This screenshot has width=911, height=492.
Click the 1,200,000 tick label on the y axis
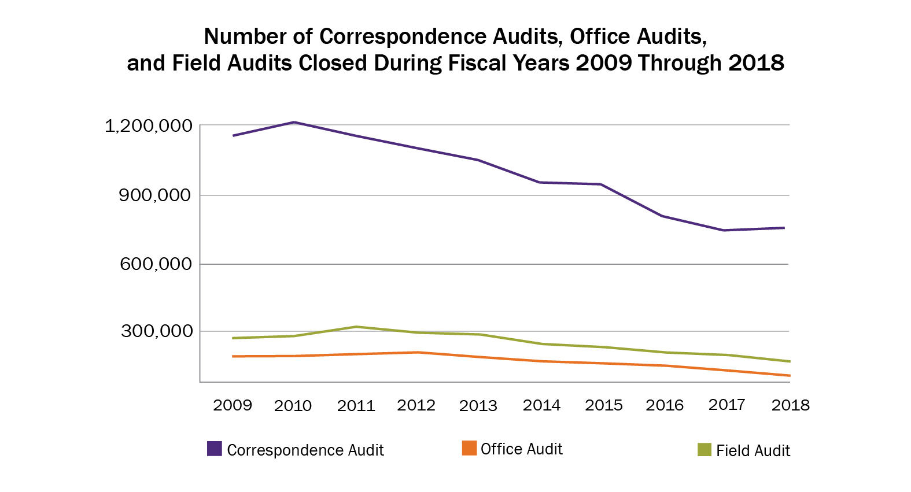pos(148,126)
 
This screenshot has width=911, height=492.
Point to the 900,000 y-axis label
pos(154,195)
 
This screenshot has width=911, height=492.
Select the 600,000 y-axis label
pos(155,264)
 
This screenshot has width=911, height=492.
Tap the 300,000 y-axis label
pos(156,331)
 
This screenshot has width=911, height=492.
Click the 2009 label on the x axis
pos(233,405)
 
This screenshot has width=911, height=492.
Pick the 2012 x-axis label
pos(416,405)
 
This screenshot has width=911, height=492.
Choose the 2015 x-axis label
pos(603,405)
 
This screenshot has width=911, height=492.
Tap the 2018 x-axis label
pos(790,405)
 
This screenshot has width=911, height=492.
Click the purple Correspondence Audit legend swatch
pos(215,449)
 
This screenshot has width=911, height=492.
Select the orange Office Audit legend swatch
pos(469,448)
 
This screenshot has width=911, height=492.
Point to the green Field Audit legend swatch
pos(704,449)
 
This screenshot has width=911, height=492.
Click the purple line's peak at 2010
pos(294,122)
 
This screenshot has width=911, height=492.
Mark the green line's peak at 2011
pos(357,327)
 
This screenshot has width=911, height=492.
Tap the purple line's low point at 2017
pos(724,230)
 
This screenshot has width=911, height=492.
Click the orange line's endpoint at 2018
pos(790,376)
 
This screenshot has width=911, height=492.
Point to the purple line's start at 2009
pos(233,136)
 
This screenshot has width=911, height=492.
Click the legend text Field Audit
pos(753,451)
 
